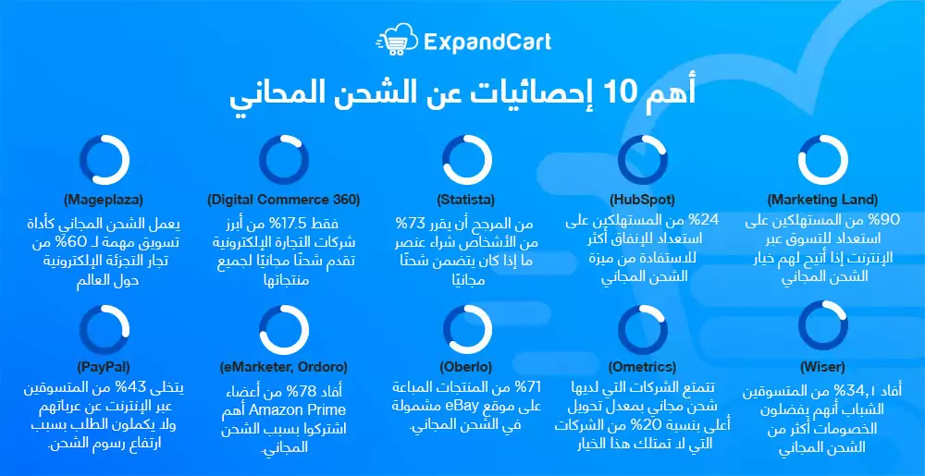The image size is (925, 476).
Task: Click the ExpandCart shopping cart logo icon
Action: tap(395, 40)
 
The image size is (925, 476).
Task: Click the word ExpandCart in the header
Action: tap(487, 41)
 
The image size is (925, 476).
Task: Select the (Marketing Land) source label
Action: tap(822, 199)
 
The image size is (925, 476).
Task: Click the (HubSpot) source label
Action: tap(642, 199)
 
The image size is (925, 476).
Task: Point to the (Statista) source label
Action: tap(465, 199)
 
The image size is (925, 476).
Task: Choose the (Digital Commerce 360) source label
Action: tap(283, 199)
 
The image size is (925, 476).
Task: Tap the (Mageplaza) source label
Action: tap(104, 199)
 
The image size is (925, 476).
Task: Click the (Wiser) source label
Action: tap(822, 367)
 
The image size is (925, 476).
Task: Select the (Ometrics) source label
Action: tap(642, 367)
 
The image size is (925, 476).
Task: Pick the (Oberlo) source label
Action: tap(465, 367)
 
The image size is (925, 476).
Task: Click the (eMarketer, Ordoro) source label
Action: tap(283, 367)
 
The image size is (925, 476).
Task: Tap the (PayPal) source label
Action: tap(104, 367)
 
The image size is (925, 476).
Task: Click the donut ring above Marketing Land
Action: tap(822, 159)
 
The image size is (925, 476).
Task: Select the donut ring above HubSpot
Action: tap(642, 159)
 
